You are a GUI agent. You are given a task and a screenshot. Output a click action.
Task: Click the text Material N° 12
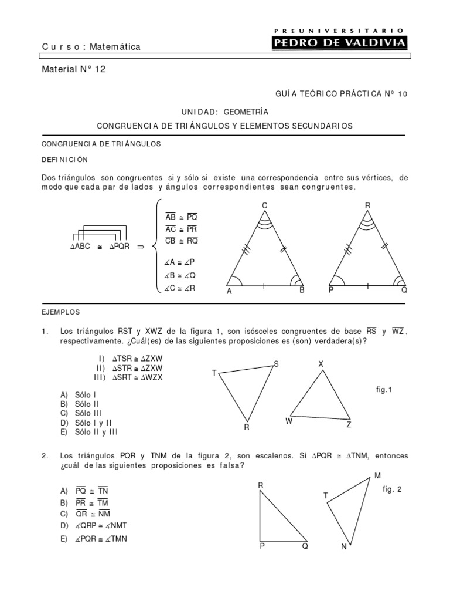(x=74, y=69)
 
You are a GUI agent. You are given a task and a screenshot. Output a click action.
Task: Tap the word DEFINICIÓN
(x=64, y=159)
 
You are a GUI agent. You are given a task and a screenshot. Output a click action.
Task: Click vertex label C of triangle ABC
(x=264, y=205)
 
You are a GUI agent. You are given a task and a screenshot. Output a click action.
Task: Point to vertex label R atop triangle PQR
(x=367, y=205)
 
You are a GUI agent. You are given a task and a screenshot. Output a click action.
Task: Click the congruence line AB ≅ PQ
(x=182, y=217)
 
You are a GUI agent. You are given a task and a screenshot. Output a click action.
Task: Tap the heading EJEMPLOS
(x=61, y=312)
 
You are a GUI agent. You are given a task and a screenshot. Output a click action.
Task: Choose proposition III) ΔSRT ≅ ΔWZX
(x=129, y=377)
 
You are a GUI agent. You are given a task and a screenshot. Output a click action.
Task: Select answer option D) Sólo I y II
(x=86, y=422)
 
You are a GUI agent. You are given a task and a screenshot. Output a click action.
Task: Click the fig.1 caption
(x=384, y=389)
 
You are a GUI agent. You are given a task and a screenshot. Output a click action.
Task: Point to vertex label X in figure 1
(x=321, y=364)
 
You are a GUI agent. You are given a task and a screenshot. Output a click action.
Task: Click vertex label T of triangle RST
(x=214, y=373)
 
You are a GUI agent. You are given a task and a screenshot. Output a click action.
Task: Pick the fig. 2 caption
(x=391, y=489)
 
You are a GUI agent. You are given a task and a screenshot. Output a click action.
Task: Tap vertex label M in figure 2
(x=377, y=475)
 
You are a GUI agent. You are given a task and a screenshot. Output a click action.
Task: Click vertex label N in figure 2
(x=344, y=547)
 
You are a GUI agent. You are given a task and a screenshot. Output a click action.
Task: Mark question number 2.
(x=45, y=456)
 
